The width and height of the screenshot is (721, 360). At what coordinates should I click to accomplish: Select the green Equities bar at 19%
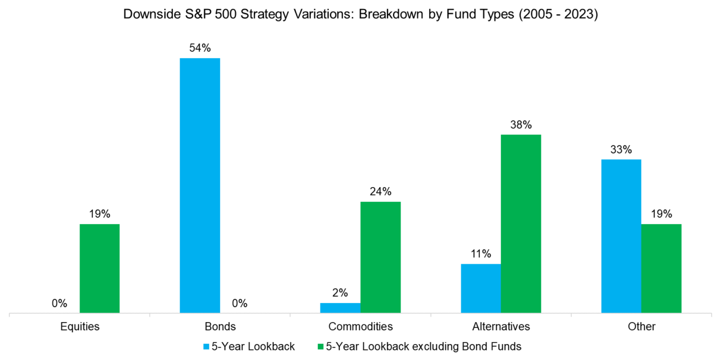(99, 268)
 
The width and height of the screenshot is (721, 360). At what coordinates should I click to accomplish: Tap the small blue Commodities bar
(340, 308)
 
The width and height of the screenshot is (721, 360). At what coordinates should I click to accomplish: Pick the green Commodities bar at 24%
(380, 257)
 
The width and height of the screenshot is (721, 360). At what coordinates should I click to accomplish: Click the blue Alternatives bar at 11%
(480, 288)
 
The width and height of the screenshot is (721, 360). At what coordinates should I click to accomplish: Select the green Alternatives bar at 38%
(521, 223)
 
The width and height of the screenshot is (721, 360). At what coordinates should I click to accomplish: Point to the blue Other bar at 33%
(621, 235)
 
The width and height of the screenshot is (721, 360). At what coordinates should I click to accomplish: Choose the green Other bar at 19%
(661, 268)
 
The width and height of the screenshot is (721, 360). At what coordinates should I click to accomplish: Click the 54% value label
(199, 48)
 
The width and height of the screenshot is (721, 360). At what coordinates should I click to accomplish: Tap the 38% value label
(521, 125)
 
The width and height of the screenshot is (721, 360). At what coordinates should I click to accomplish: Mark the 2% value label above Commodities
(340, 293)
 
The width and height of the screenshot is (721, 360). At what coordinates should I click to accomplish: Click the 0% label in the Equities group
(59, 304)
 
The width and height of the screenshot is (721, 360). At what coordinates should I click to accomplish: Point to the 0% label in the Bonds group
(239, 304)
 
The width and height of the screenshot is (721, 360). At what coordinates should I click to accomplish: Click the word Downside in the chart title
(146, 15)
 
